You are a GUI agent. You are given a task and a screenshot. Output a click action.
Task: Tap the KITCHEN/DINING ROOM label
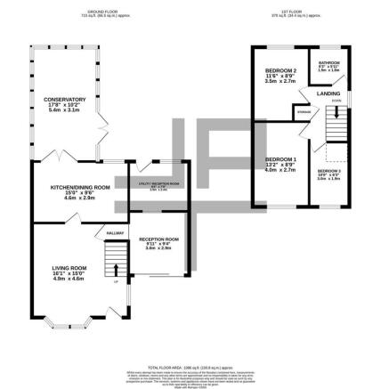point(79,187)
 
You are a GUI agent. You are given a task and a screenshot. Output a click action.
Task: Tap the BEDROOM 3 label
point(328,170)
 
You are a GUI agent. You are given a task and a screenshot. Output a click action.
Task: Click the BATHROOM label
point(328,61)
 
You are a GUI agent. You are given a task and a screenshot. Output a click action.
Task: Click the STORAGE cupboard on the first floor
point(304,111)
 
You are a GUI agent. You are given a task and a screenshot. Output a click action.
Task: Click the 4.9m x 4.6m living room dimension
point(68,280)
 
